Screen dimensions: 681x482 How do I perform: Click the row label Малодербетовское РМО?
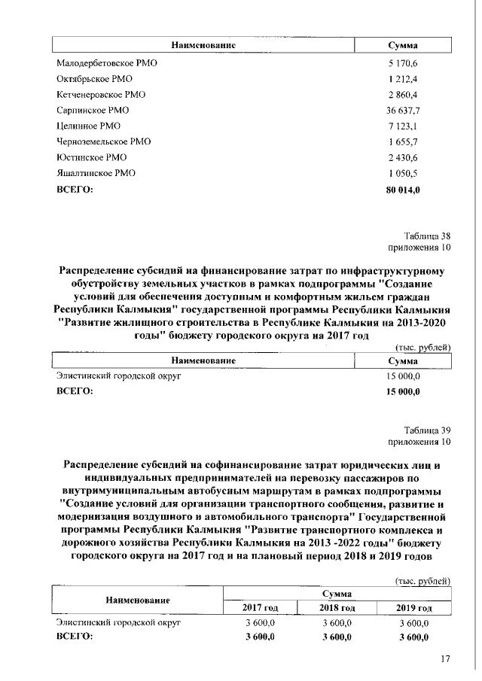(x=106, y=63)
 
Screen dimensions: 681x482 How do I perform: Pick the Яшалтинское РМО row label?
(x=96, y=174)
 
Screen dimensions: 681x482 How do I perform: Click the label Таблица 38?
(x=428, y=236)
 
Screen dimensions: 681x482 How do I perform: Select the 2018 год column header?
(x=337, y=607)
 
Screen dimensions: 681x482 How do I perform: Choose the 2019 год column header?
(x=413, y=607)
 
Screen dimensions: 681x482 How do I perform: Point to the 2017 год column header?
(x=261, y=607)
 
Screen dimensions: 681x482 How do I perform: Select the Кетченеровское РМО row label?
(x=101, y=95)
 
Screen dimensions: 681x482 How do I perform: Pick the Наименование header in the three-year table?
(x=136, y=600)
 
